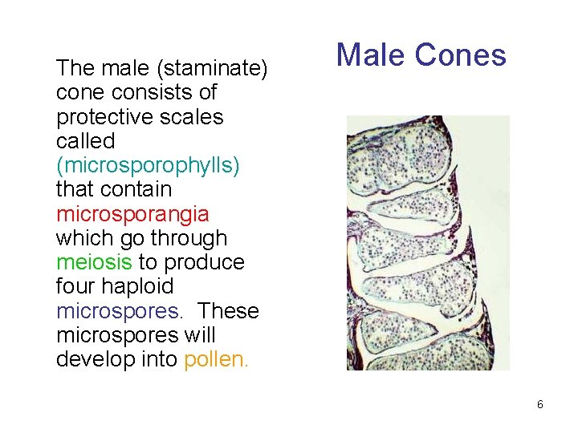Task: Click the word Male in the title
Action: [372, 55]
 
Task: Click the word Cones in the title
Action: [461, 55]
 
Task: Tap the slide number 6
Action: [539, 405]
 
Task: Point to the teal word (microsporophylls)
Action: [149, 166]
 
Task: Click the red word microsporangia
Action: [132, 214]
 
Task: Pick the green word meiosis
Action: [94, 262]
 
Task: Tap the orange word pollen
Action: [217, 359]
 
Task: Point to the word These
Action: [229, 311]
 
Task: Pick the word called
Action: [86, 141]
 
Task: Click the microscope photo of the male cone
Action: [428, 242]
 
